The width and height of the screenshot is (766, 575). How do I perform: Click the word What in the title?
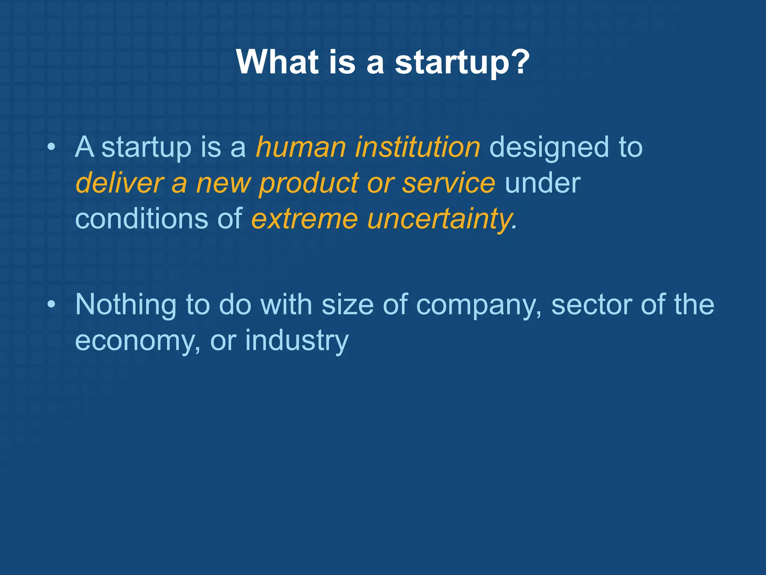(x=278, y=62)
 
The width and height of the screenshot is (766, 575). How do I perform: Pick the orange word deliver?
(x=119, y=183)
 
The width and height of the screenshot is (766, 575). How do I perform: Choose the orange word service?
(x=448, y=183)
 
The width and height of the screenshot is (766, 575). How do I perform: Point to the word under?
(x=542, y=183)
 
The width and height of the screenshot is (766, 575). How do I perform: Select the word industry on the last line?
(x=297, y=341)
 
